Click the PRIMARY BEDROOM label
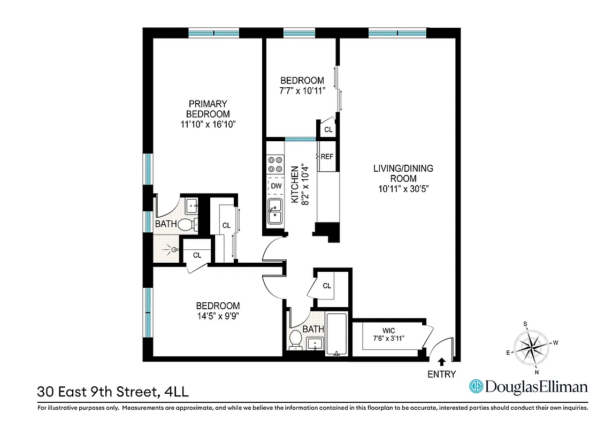pos(208,109)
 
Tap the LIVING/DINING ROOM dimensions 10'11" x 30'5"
pos(403,188)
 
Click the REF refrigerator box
pos(327,157)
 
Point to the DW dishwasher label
pos(276,186)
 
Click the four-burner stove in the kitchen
pos(275,164)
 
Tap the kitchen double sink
pos(275,211)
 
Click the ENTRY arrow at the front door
pos(442,362)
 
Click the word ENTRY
pos(442,374)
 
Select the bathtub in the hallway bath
pos(337,334)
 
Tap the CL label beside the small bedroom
pos(328,129)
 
